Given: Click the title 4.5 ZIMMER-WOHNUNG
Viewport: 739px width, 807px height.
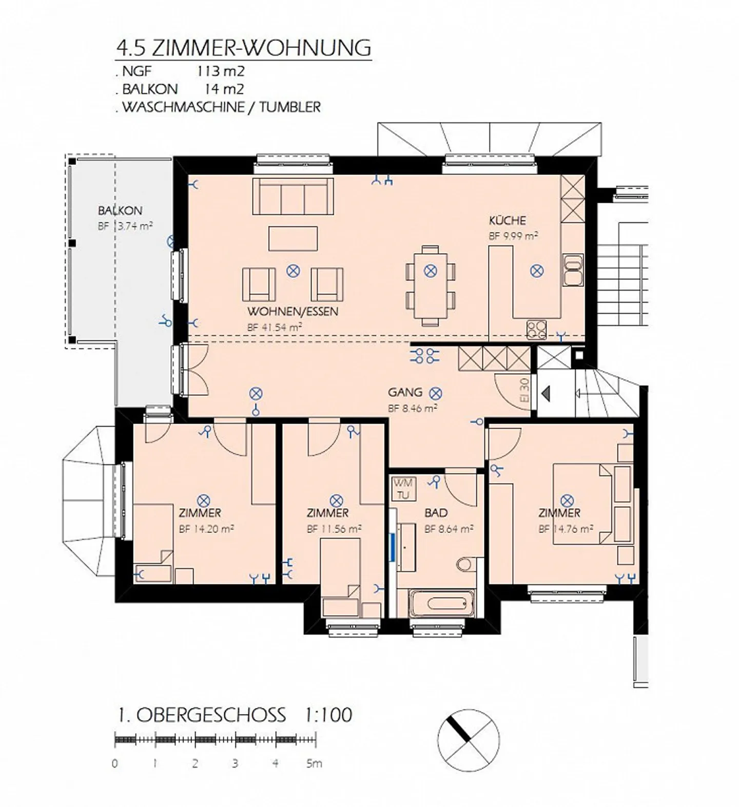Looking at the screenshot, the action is click(244, 47).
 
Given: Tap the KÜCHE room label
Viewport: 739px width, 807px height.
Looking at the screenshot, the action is click(507, 221).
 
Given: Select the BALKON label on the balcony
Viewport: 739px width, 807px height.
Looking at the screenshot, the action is click(120, 210).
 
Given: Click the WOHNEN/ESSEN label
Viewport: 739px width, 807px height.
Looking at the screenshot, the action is click(293, 312).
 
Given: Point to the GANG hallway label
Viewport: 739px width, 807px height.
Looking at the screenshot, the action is click(405, 393).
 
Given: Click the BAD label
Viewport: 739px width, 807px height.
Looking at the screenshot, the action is click(436, 513).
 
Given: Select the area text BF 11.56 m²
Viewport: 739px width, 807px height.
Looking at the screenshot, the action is click(334, 529).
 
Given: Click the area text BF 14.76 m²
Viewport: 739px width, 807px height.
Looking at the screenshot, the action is click(566, 529).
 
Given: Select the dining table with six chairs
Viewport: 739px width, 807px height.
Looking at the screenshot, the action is click(430, 285).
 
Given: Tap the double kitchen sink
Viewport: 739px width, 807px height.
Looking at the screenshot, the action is click(573, 270).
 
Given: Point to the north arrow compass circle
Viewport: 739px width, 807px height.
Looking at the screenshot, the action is click(468, 739).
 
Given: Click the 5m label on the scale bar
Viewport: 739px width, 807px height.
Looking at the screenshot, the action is click(314, 763).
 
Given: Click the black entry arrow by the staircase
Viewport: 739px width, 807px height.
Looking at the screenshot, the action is click(546, 394).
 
